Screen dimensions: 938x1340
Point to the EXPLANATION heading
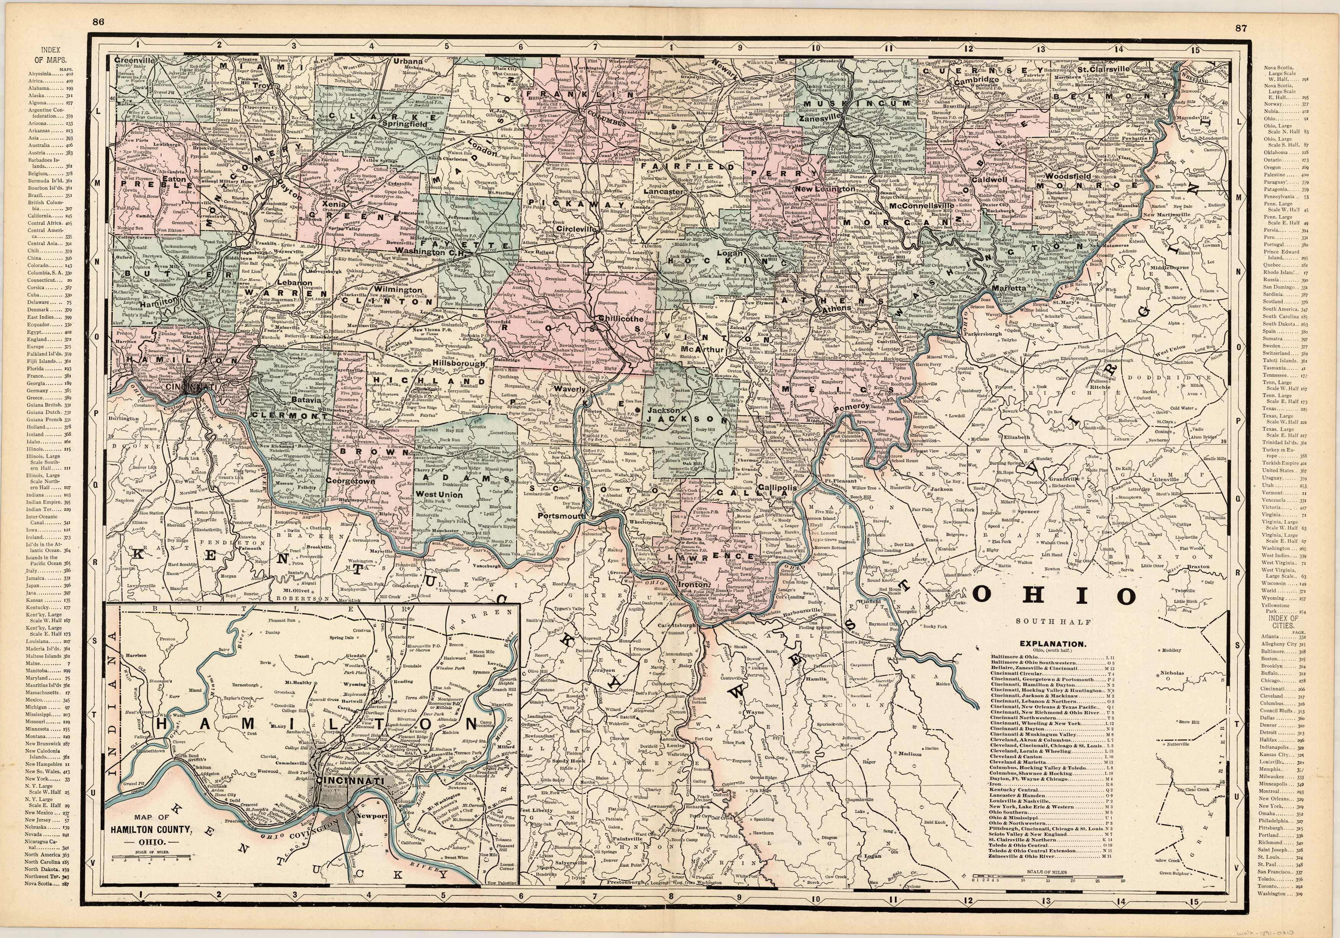(1052, 644)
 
